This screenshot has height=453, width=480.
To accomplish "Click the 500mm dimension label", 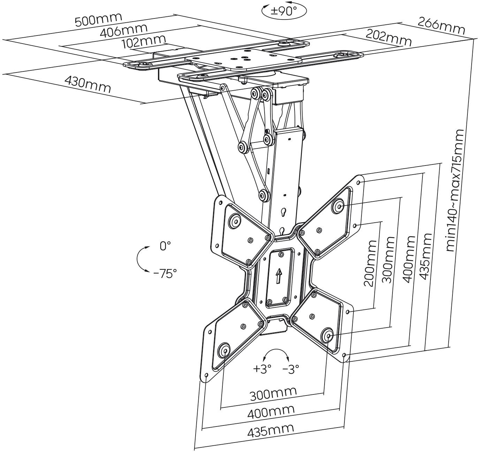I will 99,20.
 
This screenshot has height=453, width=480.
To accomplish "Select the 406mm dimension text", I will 124,31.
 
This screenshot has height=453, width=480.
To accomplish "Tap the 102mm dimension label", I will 143,42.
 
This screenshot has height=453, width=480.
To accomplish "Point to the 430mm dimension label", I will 88,84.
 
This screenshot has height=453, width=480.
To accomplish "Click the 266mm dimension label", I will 441,26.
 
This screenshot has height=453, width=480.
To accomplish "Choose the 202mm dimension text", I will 388,38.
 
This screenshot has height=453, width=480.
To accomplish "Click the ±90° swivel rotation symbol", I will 284,10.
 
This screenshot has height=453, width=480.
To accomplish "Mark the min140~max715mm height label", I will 455,190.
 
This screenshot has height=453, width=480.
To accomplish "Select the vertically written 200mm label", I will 370,263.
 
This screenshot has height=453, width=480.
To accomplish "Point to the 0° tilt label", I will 165,246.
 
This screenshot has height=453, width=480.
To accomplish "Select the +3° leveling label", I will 262,369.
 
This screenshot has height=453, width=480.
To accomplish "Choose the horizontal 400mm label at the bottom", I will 271,413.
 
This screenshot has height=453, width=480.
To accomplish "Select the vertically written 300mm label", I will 388,260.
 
